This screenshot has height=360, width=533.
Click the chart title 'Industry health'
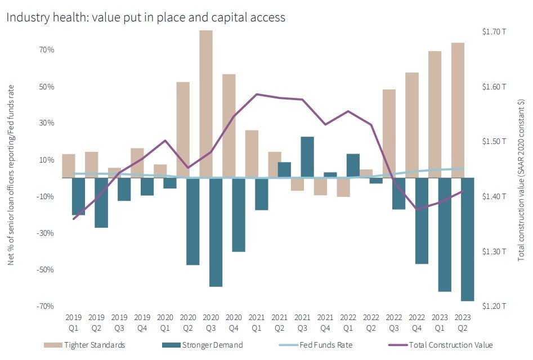click(x=146, y=17)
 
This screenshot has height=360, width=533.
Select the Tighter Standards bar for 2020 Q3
click(x=206, y=104)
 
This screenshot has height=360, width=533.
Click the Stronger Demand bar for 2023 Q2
click(x=467, y=239)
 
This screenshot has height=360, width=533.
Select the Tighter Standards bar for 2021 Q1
click(x=252, y=154)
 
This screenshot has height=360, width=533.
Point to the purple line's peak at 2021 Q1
click(x=257, y=94)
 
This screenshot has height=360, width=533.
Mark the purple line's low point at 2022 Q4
click(x=416, y=209)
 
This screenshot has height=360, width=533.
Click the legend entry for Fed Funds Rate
click(x=325, y=345)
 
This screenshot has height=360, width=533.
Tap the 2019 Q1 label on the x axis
click(x=74, y=322)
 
